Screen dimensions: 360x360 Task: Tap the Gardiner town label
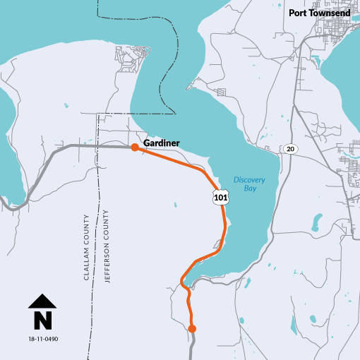[162, 143]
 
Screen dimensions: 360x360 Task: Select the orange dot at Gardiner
[134, 147]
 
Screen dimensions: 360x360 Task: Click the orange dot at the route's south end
[192, 328]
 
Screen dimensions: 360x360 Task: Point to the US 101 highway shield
[220, 197]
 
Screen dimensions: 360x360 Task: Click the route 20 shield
[289, 148]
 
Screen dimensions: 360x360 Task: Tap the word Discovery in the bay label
[249, 179]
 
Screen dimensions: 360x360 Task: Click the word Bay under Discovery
[249, 189]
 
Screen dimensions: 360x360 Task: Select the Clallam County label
[87, 247]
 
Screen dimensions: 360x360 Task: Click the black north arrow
[42, 302]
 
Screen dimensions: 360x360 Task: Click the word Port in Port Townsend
[299, 13]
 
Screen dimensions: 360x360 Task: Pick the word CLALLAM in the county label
[87, 265]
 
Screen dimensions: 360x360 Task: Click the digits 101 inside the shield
[220, 198]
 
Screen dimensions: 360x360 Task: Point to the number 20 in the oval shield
[289, 148]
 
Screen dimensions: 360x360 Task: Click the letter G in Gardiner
[147, 143]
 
